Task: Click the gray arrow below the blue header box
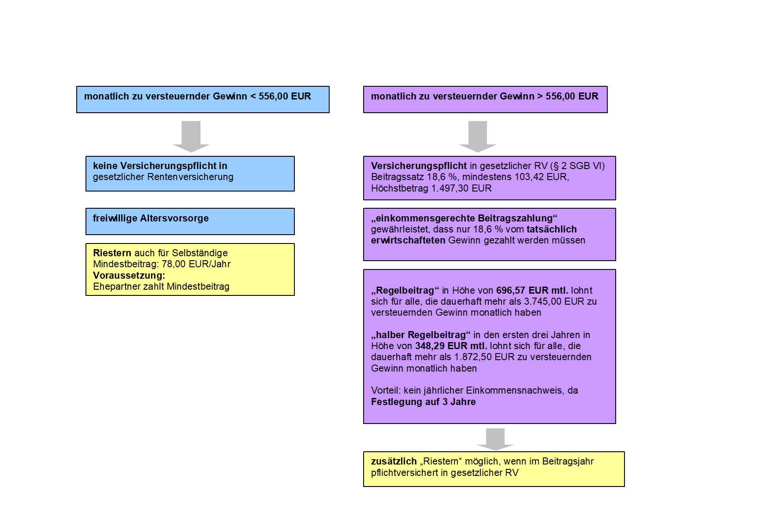[191, 136]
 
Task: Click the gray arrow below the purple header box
[478, 136]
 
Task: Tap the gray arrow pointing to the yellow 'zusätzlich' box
[495, 439]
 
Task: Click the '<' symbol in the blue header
[253, 96]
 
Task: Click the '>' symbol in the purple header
[540, 96]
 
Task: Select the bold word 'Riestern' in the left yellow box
[112, 253]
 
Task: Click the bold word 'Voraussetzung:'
[129, 276]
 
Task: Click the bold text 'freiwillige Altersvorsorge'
[151, 218]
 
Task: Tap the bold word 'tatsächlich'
[552, 229]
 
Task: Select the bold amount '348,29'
[430, 346]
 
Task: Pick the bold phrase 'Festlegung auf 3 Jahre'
[424, 402]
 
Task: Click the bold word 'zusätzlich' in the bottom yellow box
[394, 461]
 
